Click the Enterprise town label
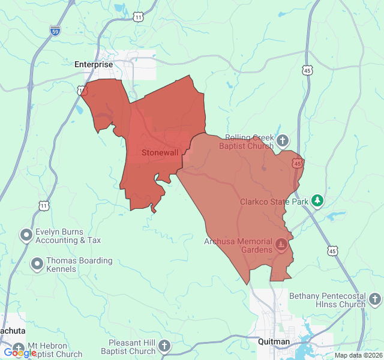coord(93,64)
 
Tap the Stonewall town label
coord(160,152)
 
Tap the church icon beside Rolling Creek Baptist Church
coord(283,142)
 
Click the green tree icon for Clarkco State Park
coord(317,202)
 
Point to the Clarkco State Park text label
coord(274,202)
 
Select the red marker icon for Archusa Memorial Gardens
coord(281,245)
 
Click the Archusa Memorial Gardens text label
coord(238,245)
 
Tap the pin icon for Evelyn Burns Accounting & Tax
coord(26,235)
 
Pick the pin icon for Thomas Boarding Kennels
coord(37,263)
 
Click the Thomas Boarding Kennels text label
coord(79,265)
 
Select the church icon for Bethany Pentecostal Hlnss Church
coord(375,299)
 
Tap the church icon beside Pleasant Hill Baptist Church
coord(164,346)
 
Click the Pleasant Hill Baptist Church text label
coord(128,347)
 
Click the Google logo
coord(19,353)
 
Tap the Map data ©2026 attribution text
coord(357,355)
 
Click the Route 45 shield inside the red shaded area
coord(297,163)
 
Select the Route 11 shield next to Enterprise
coord(82,90)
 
